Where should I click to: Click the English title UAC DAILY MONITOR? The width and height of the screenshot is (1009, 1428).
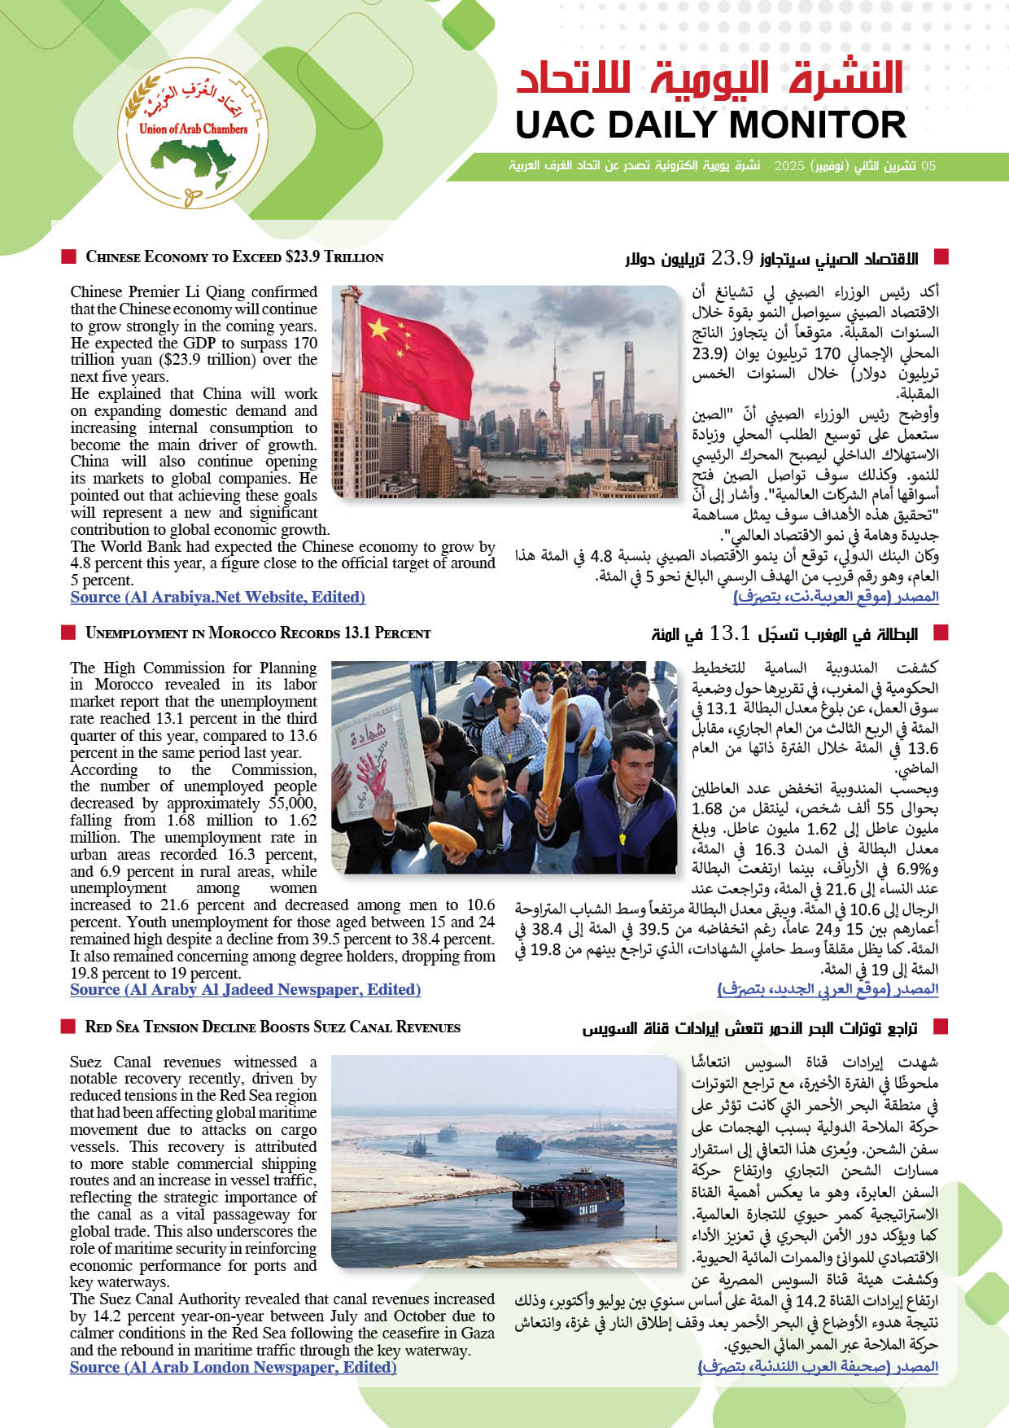point(710,125)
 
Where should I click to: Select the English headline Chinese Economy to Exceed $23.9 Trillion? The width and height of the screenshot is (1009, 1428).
point(234,257)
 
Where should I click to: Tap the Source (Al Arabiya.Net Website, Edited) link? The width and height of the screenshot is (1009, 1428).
point(217,598)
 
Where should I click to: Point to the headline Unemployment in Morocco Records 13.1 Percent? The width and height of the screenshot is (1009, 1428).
point(258,633)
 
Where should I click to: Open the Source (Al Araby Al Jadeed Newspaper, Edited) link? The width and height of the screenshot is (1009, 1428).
point(245,990)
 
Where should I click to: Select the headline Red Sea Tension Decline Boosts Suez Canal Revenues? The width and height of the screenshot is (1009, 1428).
point(273,1027)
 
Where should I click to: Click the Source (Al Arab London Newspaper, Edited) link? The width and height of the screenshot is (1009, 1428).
point(233,1368)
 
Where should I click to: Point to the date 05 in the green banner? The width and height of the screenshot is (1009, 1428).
point(928,166)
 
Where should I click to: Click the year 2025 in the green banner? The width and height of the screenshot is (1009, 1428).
point(788,166)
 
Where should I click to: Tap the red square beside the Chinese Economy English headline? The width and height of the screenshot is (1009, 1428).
point(68,257)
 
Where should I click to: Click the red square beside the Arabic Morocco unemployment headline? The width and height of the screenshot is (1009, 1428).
point(941,633)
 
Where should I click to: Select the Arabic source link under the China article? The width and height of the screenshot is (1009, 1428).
point(836,597)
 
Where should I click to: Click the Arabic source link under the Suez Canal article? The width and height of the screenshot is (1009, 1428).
point(818,1367)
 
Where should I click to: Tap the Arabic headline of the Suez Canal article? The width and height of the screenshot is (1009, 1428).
point(749,1028)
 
